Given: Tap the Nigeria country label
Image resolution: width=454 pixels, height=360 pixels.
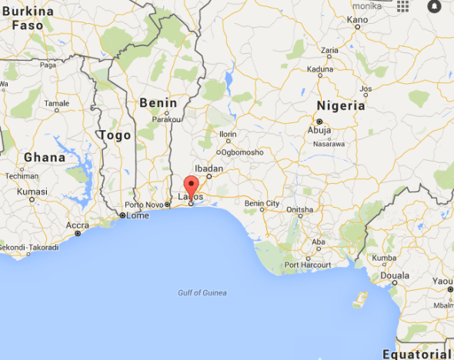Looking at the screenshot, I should click(340, 105).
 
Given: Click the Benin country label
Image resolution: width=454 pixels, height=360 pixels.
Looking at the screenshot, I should click(159, 103).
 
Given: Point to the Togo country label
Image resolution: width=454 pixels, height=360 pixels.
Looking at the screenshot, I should click(115, 135).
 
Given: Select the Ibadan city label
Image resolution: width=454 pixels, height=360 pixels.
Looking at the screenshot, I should click(209, 168).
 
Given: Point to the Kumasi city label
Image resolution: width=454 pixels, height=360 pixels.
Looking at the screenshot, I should click(33, 191).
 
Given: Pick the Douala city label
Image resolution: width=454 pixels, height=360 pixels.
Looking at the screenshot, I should click(393, 275).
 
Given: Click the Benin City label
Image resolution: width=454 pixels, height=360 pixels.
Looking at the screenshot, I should click(262, 203).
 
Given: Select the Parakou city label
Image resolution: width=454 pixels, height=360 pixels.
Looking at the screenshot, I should click(166, 119).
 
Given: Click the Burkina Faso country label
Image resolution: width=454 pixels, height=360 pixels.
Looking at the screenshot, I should click(28, 18).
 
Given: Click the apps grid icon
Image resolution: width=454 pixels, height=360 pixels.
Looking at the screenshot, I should click(403, 6).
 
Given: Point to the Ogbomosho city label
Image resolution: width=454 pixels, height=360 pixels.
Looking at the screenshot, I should click(243, 152).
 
